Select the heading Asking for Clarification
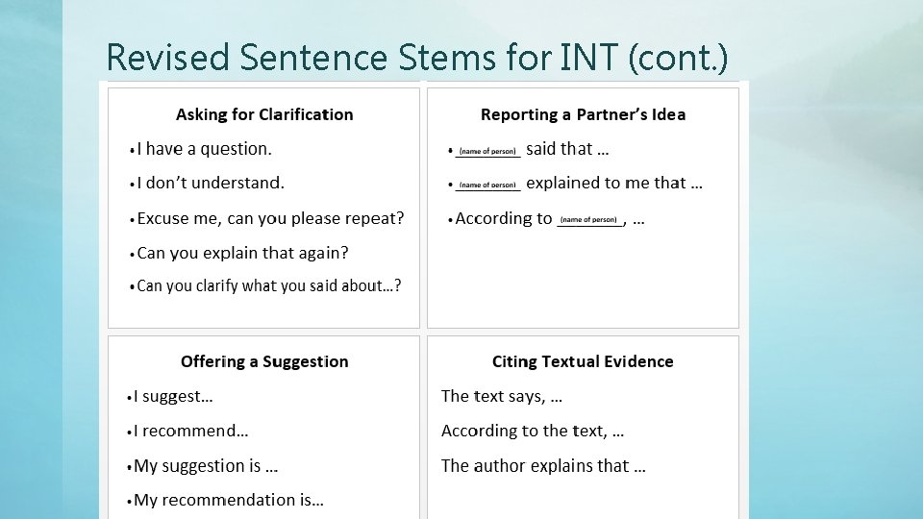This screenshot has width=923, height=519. coord(264,114)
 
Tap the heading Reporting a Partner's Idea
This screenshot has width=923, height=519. coord(583,114)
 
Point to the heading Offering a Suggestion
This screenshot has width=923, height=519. coord(264,361)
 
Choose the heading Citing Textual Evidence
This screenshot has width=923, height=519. coord(583,361)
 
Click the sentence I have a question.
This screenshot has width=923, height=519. coord(204,149)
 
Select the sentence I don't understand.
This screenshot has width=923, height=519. coord(211,183)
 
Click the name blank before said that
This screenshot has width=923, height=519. coord(487,152)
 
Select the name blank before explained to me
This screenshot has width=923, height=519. coord(487,185)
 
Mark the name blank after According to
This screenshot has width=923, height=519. coord(589,221)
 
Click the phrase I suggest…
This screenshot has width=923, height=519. coord(173,396)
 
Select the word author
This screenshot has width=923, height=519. coord(501,466)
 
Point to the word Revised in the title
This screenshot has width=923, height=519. coord(168,58)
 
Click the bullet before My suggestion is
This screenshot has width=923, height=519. coord(130,467)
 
